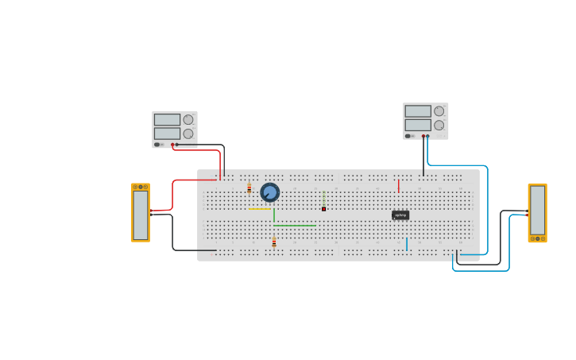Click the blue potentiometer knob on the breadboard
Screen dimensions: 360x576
pyautogui.click(x=270, y=192)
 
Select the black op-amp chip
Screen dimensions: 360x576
pyautogui.click(x=400, y=215)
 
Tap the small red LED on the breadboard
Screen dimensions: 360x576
pyautogui.click(x=324, y=209)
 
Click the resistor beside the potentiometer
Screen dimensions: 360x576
pyautogui.click(x=249, y=188)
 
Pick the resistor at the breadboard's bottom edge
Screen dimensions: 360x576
pyautogui.click(x=274, y=242)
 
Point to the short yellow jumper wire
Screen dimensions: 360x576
pyautogui.click(x=260, y=209)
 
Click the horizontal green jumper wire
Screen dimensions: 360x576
pyautogui.click(x=295, y=226)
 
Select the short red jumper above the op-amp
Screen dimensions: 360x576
pyautogui.click(x=399, y=186)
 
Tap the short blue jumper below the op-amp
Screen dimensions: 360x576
pyautogui.click(x=407, y=244)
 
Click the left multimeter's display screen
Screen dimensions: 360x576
pyautogui.click(x=141, y=215)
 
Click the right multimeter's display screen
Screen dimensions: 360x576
pyautogui.click(x=538, y=210)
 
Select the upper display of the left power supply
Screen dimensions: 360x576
pyautogui.click(x=167, y=120)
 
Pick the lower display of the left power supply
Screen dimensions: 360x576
pyautogui.click(x=167, y=134)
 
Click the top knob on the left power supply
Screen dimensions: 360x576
pyautogui.click(x=188, y=120)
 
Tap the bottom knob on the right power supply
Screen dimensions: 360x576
pyautogui.click(x=439, y=125)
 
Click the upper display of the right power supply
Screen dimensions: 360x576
pyautogui.click(x=418, y=111)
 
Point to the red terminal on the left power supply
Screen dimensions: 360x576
pyautogui.click(x=172, y=145)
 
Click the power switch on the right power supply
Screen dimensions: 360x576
pyautogui.click(x=408, y=136)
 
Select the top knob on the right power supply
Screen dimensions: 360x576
pyautogui.click(x=439, y=111)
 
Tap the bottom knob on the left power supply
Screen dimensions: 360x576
pyautogui.click(x=188, y=134)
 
